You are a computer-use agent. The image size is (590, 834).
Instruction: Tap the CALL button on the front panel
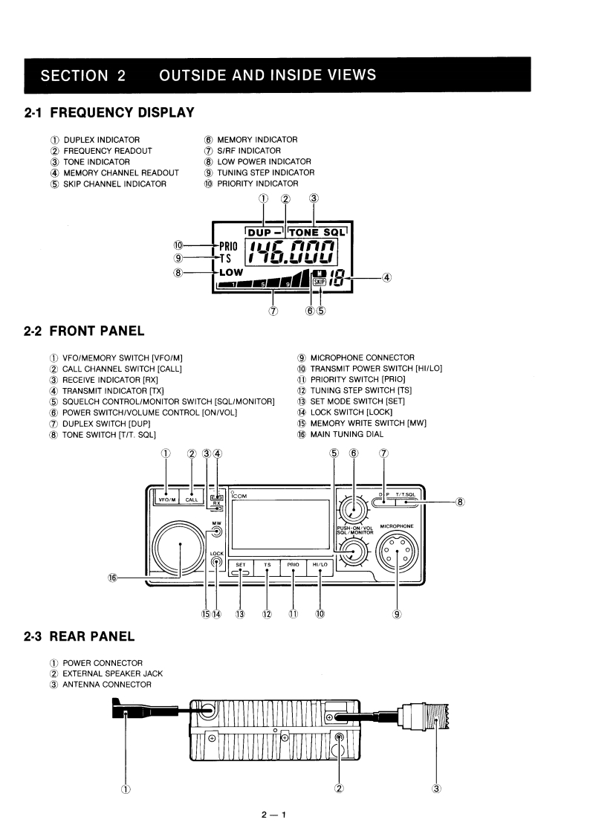coord(192,500)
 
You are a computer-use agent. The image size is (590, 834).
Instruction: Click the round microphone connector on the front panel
coord(398,552)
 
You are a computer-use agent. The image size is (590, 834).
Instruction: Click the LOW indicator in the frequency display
coord(230,272)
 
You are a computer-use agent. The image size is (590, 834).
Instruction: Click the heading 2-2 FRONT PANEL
coord(84,331)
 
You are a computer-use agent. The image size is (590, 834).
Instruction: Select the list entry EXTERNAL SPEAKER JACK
coord(112,673)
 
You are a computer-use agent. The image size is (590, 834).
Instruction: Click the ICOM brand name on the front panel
coord(243,496)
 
